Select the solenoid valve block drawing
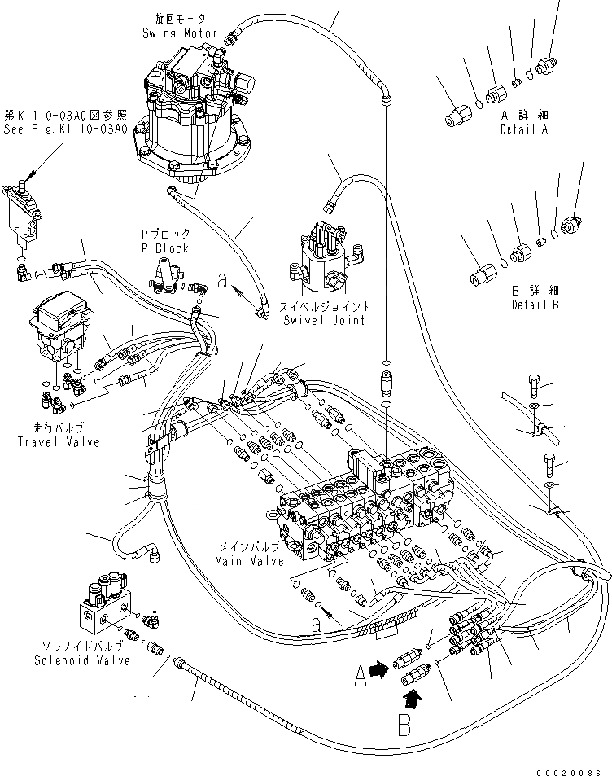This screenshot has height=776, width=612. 106,603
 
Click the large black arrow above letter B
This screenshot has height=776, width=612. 413,695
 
